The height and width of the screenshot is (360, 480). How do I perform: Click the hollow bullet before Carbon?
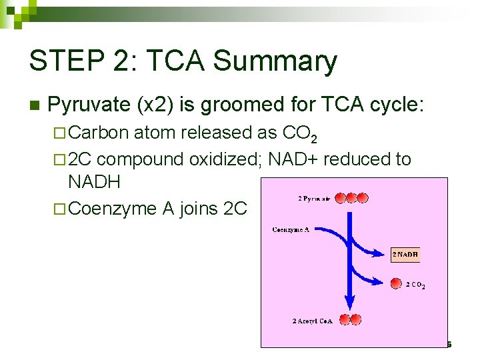click(x=58, y=133)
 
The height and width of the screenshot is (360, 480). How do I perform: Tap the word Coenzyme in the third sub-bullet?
click(x=113, y=209)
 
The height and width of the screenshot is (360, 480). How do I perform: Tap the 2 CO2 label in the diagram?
click(x=415, y=285)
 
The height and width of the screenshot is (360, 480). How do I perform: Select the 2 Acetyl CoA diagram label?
click(x=312, y=321)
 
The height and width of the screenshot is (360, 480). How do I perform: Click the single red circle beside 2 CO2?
click(x=396, y=283)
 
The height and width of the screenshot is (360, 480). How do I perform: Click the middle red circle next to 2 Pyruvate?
click(x=351, y=198)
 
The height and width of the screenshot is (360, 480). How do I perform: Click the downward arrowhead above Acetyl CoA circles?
click(x=347, y=303)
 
